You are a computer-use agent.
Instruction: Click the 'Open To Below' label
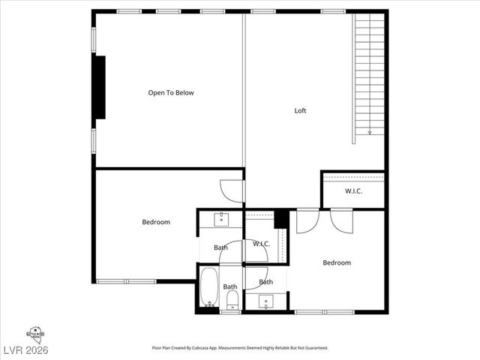pyautogui.click(x=171, y=93)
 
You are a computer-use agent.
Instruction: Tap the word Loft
pyautogui.click(x=300, y=111)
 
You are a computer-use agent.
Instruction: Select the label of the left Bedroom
pyautogui.click(x=156, y=222)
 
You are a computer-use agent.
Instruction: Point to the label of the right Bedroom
pyautogui.click(x=337, y=262)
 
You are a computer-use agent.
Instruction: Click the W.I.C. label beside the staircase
pyautogui.click(x=354, y=191)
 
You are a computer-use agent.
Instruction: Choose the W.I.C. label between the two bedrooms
pyautogui.click(x=261, y=244)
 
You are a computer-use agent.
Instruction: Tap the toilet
pyautogui.click(x=232, y=300)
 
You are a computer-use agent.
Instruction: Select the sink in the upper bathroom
pyautogui.click(x=221, y=218)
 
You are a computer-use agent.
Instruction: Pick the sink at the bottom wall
pyautogui.click(x=266, y=301)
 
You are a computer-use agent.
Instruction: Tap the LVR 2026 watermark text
pyautogui.click(x=24, y=350)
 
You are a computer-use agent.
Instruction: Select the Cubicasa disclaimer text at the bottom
pyautogui.click(x=240, y=348)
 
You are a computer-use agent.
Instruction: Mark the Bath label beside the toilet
pyautogui.click(x=229, y=286)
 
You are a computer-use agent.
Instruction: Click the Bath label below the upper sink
pyautogui.click(x=220, y=247)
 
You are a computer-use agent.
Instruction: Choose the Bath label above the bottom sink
pyautogui.click(x=266, y=282)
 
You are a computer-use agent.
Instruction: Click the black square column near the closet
pyautogui.click(x=281, y=219)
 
